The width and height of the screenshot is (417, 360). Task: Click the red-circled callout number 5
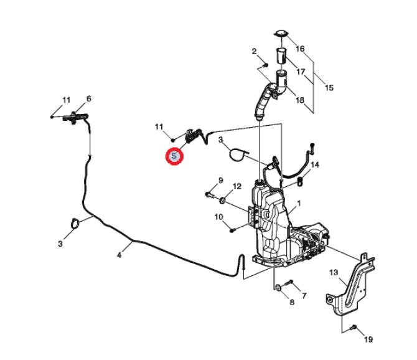coord(174,156)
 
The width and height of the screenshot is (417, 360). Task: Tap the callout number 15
coord(329,88)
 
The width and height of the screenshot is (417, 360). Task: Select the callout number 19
coord(368,339)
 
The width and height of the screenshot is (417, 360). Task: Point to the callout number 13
coord(334,272)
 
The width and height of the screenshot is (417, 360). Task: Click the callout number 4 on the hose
coord(119,255)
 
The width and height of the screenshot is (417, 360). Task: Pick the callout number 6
coord(89,98)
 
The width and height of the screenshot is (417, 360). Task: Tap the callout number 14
coord(314,164)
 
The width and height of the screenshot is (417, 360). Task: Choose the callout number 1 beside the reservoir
coord(299,204)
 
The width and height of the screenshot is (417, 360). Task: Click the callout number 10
coord(218,217)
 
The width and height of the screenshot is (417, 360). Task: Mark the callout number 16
coord(300,49)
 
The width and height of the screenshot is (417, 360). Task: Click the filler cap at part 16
coord(281,34)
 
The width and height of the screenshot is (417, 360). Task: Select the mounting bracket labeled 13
coord(350,285)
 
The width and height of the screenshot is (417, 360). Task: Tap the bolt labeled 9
coord(210,195)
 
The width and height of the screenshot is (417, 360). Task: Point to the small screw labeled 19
coord(354,327)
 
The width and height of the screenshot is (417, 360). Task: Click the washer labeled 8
coord(278,287)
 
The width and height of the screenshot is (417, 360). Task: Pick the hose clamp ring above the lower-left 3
coord(75,223)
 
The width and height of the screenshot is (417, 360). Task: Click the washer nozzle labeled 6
coord(75,117)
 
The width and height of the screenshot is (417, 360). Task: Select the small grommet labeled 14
coord(300,182)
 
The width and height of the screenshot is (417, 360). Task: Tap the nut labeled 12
coord(223,200)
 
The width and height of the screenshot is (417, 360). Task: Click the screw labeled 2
coord(265,65)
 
